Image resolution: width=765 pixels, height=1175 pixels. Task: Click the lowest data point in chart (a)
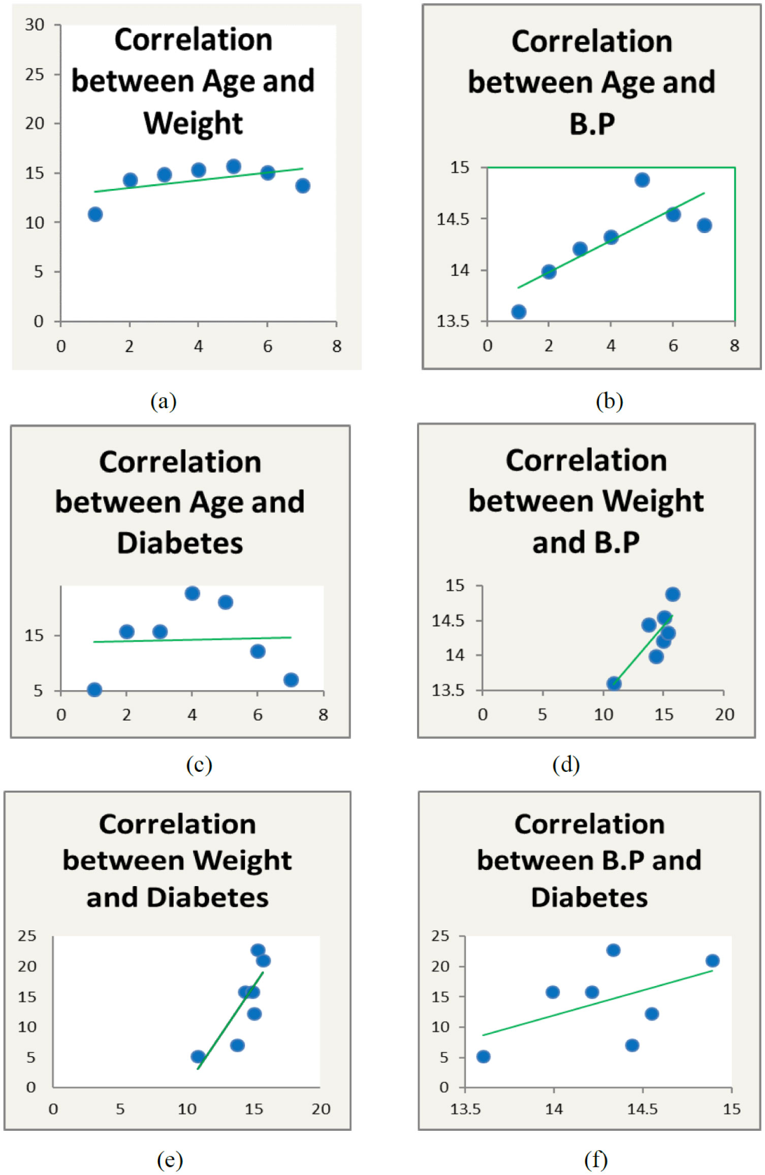click(95, 214)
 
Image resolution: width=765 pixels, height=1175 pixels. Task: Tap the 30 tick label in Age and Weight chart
click(35, 25)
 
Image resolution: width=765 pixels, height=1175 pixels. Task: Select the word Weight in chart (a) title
click(193, 123)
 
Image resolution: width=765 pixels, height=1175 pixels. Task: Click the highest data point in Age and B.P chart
click(642, 180)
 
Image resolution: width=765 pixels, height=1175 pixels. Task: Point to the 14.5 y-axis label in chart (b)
click(453, 219)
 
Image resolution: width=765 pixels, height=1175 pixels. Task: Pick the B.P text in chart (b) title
click(592, 123)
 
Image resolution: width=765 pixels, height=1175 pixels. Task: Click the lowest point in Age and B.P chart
click(519, 312)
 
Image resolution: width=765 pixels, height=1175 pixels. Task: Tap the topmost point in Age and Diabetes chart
click(192, 593)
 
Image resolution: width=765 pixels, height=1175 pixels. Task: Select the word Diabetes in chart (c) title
click(180, 543)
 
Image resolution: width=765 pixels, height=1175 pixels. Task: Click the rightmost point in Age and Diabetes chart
click(291, 680)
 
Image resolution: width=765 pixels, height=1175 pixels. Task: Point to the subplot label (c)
click(199, 765)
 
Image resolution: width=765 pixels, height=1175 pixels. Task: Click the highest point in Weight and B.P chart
click(673, 594)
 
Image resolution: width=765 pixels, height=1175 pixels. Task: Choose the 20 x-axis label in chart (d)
click(724, 715)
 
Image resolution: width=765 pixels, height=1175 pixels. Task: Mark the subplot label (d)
click(566, 765)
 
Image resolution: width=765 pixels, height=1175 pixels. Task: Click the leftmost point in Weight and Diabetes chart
click(198, 1057)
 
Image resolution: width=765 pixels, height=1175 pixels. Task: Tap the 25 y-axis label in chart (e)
click(27, 936)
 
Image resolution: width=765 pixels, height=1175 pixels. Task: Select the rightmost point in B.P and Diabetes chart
click(713, 961)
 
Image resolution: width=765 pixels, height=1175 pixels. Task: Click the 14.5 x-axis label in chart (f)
click(642, 1109)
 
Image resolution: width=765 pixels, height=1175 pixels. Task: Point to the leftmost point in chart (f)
click(483, 1057)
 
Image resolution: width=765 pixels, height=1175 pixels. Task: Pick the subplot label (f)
click(596, 1160)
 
